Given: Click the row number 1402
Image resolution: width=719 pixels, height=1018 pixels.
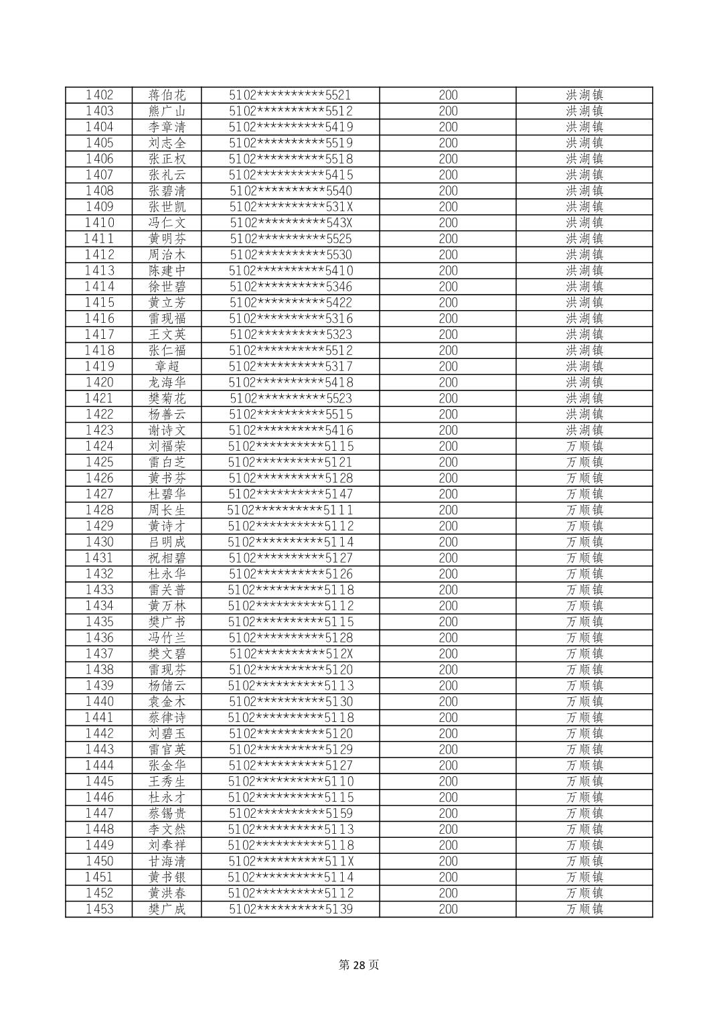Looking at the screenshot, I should [x=99, y=95].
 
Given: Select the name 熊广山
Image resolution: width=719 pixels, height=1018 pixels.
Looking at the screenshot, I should [x=167, y=111].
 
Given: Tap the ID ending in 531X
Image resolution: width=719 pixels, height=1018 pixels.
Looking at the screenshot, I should [x=291, y=207].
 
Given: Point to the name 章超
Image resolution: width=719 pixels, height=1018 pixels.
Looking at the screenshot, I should [x=167, y=366].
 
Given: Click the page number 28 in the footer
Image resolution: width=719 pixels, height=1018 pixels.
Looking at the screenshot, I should [x=359, y=965].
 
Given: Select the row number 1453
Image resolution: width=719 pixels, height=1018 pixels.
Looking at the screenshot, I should [x=99, y=910].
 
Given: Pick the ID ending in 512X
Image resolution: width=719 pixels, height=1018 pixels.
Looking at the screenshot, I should [x=291, y=654].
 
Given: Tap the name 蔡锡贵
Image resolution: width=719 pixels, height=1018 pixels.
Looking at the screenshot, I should [x=167, y=814].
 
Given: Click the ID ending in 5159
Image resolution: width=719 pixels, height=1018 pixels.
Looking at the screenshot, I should [x=291, y=814].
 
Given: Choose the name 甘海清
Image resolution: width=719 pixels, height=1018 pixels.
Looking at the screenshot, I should [x=167, y=861].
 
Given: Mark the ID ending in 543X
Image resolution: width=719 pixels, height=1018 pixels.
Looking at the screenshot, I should [x=291, y=223].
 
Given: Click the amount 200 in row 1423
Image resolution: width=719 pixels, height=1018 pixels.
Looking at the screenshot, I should [x=448, y=431].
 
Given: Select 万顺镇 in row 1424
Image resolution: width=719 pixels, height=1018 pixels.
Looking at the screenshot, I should [x=584, y=447].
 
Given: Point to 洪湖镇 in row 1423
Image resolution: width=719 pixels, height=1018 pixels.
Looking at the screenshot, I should [x=584, y=431].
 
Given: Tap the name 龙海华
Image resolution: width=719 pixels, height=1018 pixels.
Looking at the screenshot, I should [x=167, y=382].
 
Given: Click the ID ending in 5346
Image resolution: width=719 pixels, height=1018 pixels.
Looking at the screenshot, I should [x=291, y=287].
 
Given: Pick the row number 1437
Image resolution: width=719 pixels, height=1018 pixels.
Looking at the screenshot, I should [x=99, y=654].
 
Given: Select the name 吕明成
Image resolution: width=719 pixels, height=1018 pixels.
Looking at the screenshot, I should [x=167, y=542].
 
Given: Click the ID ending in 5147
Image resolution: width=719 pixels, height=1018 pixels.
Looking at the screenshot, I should [x=291, y=494].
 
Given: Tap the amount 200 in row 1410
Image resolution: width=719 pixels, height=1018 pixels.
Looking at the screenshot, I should [x=448, y=223].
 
